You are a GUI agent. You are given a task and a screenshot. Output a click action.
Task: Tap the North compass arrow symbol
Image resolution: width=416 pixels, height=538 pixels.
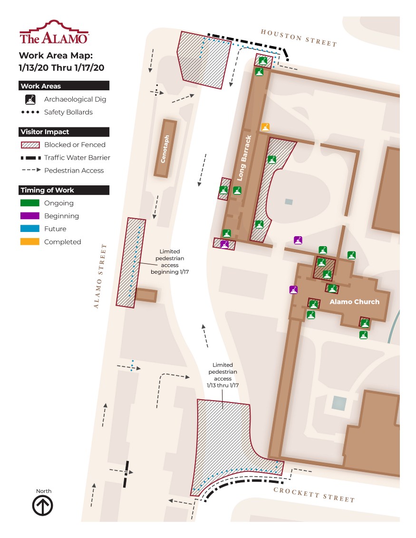(42, 506)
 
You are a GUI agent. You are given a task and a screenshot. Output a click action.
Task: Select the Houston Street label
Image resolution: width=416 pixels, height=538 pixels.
(299, 38)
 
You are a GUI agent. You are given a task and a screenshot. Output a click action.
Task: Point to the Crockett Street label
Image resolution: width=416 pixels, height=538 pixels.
(314, 495)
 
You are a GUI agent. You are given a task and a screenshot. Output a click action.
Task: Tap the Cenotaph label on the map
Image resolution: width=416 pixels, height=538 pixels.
(164, 149)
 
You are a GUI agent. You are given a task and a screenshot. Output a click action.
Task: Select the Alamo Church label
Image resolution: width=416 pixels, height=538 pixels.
(354, 302)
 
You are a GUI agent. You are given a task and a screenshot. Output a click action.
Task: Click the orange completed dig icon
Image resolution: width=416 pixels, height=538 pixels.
(265, 127)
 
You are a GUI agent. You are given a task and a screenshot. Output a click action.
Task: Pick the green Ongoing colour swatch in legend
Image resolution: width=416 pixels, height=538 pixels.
(30, 203)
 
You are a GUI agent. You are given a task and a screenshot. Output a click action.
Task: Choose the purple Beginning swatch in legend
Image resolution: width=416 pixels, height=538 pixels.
(30, 216)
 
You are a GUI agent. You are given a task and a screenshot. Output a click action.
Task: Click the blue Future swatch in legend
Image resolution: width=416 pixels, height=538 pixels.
(30, 229)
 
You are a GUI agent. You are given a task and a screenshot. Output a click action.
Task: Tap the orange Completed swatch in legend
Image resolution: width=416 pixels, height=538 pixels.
(30, 241)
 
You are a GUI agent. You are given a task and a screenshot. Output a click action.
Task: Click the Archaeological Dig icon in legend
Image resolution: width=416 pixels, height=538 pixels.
(30, 99)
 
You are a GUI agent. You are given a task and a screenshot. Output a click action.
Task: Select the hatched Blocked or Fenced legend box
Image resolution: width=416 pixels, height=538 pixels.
(30, 144)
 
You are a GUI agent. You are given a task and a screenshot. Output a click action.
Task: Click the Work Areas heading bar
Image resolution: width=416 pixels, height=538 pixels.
(64, 86)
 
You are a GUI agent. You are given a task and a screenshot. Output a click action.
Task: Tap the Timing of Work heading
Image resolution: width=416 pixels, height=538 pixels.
(64, 190)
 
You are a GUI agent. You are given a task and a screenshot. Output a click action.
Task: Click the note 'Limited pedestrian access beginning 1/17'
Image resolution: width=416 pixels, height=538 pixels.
(170, 261)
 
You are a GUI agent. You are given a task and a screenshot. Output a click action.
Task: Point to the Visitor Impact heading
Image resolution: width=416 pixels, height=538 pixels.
(64, 132)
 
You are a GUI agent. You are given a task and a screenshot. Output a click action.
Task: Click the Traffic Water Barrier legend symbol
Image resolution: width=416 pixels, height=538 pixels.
(30, 158)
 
